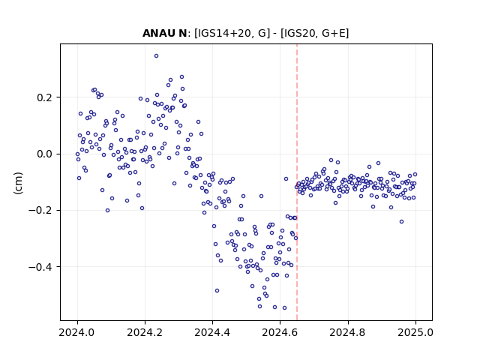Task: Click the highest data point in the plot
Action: tap(156, 56)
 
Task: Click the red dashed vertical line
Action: tap(297, 182)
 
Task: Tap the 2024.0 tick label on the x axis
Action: tap(77, 332)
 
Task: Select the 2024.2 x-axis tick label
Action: tap(145, 332)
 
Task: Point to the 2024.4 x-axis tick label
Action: tap(212, 332)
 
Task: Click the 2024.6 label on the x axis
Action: tap(280, 332)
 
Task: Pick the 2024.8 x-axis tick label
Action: tap(347, 332)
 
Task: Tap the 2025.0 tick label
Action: tap(415, 332)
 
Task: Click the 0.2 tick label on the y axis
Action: tap(45, 97)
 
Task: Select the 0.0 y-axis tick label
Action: tap(45, 154)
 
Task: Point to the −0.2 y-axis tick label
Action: tap(40, 210)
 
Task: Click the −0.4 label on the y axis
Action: tap(40, 267)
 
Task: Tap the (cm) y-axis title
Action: tap(18, 183)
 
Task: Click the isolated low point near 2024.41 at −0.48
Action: tap(217, 290)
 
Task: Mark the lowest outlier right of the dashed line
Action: tap(402, 222)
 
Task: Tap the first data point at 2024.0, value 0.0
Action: tap(77, 154)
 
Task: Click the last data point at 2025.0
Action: tap(415, 175)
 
